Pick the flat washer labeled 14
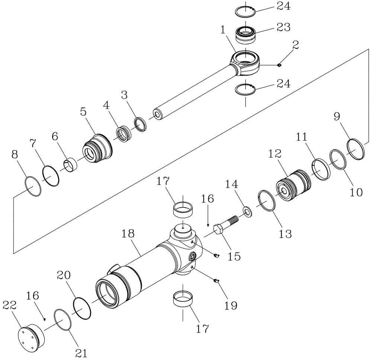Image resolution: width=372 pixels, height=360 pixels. click(247, 212)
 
